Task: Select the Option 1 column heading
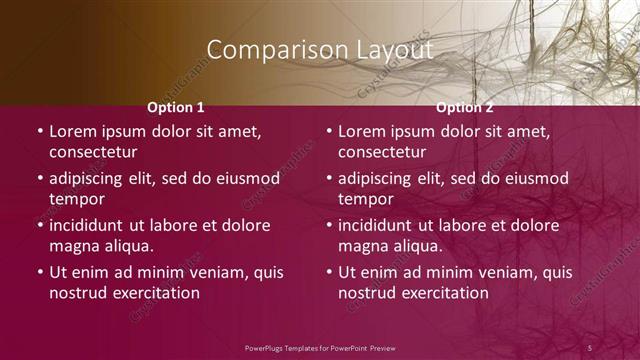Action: click(176, 107)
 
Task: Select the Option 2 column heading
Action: click(465, 107)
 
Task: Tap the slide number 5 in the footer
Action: click(590, 347)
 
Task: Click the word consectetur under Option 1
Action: click(93, 153)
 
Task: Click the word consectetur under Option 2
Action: click(382, 153)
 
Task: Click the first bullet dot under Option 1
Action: click(40, 132)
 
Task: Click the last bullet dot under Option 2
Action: click(329, 272)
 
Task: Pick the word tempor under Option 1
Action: click(74, 200)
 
